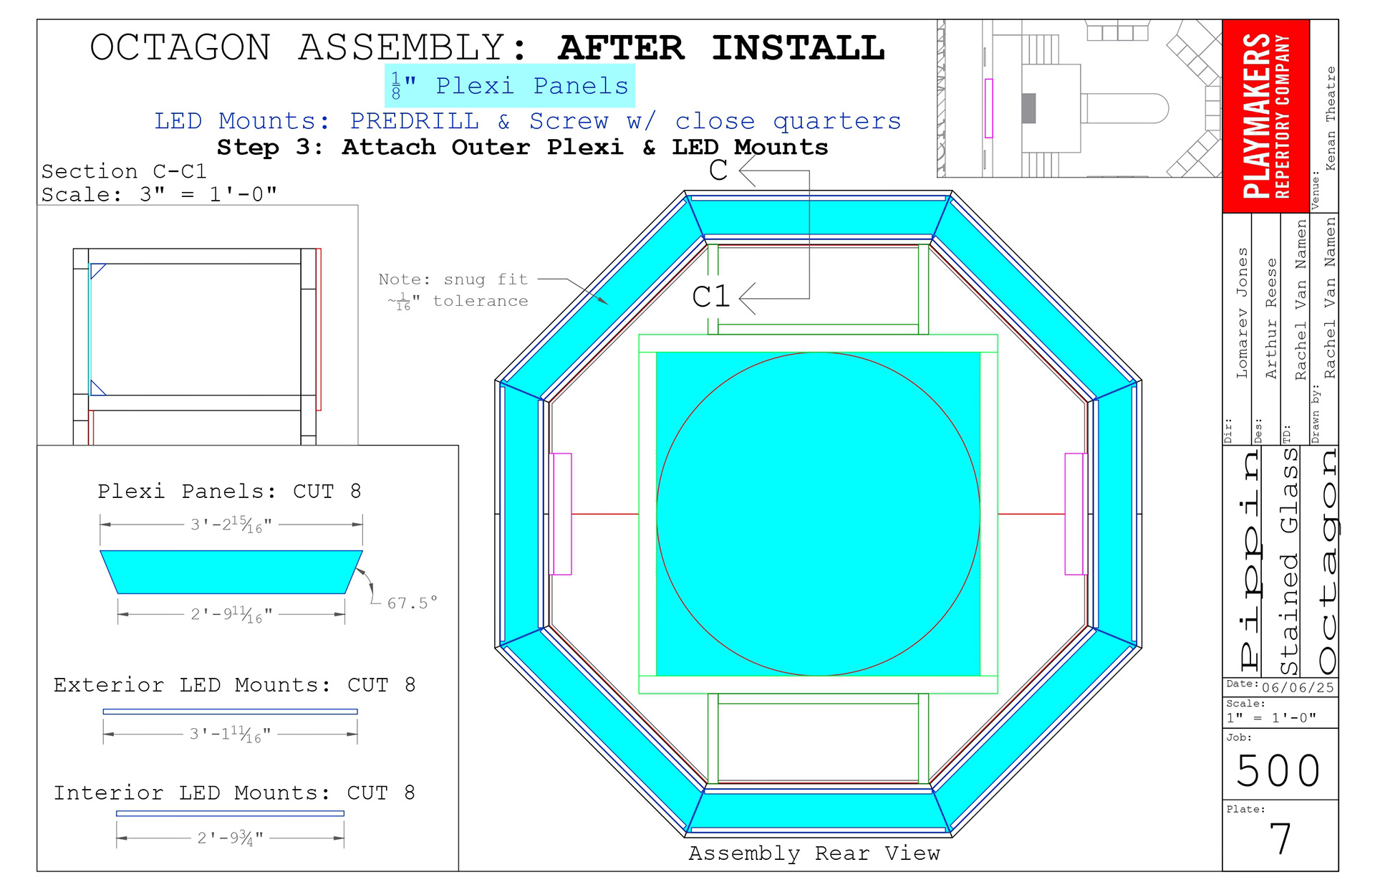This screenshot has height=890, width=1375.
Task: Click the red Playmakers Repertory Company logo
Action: [1266, 116]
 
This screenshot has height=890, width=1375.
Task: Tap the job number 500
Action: [1279, 771]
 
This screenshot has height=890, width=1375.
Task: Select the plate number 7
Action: [1280, 838]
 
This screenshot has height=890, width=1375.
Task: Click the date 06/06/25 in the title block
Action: [1298, 688]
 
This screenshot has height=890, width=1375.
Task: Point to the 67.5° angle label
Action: [412, 603]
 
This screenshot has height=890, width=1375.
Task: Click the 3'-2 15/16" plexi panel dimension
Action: [231, 525]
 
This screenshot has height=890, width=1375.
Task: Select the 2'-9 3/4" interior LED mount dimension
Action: [231, 838]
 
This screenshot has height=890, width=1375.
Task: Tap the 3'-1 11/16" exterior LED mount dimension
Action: [230, 734]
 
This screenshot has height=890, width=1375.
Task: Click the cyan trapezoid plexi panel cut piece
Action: [231, 572]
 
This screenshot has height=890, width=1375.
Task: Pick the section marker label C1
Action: [710, 297]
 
